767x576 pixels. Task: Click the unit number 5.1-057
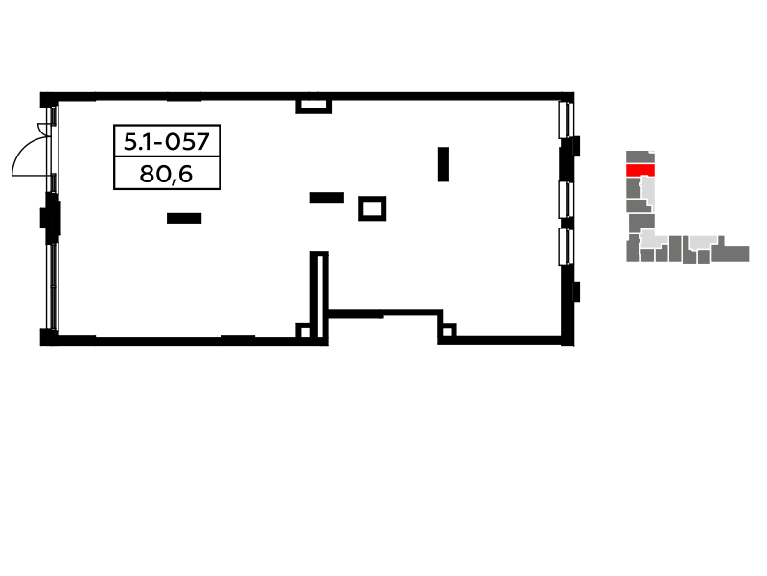pos(167,141)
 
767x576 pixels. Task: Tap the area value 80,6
pos(166,174)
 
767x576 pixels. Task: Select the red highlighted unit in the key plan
pos(640,170)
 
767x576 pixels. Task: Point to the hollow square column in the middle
pos(372,208)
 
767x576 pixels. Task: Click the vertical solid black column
pos(443,164)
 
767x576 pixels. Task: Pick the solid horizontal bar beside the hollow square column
pos(327,198)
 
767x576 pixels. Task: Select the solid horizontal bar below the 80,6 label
pos(184,218)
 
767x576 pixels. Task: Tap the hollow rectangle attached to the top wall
pos(314,106)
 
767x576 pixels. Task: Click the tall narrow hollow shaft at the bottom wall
pos(319,296)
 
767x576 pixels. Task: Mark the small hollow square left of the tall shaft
pos(304,331)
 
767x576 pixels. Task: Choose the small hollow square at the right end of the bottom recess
pos(447,331)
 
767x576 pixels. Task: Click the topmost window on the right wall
pos(566,119)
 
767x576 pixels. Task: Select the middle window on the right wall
pos(566,200)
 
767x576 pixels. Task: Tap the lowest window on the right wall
pos(566,247)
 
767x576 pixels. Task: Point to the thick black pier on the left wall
pos(51,218)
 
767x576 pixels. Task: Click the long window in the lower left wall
pos(53,286)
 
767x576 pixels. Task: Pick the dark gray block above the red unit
pos(640,157)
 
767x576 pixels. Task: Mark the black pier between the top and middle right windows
pos(569,159)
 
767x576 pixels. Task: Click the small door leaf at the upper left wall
pos(43,130)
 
